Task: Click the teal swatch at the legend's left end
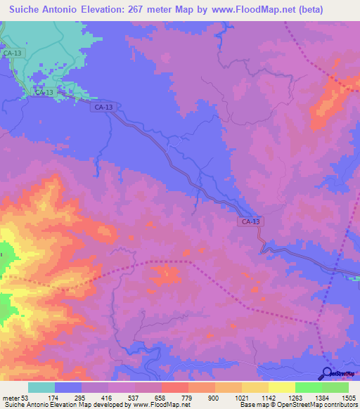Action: tap(41, 387)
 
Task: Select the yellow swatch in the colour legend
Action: tap(282, 387)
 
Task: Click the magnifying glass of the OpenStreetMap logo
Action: tap(326, 373)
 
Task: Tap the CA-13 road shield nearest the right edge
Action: tap(251, 221)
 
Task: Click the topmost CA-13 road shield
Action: tap(13, 53)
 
